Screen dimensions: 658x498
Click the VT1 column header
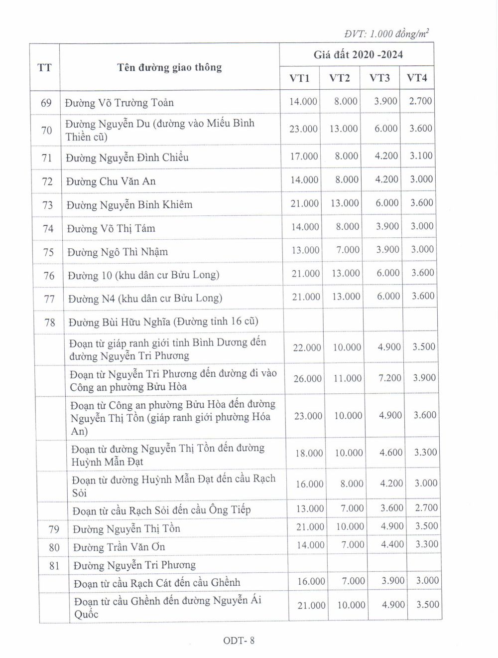pyautogui.click(x=299, y=78)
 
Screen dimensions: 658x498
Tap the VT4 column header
pyautogui.click(x=417, y=78)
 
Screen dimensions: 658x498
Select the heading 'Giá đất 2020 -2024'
pyautogui.click(x=358, y=55)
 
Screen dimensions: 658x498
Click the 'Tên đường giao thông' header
pyautogui.click(x=169, y=67)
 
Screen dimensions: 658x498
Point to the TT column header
pyautogui.click(x=44, y=67)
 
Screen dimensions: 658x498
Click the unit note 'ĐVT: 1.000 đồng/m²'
pyautogui.click(x=386, y=34)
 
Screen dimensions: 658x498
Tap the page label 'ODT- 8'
pyautogui.click(x=239, y=641)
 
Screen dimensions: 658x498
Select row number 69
pyautogui.click(x=46, y=103)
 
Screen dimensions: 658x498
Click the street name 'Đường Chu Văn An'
pyautogui.click(x=111, y=181)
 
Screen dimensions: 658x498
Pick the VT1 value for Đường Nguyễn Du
pyautogui.click(x=303, y=129)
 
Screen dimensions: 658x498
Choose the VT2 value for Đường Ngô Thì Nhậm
pyautogui.click(x=348, y=250)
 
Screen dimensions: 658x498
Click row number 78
pyautogui.click(x=50, y=323)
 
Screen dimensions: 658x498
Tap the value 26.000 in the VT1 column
pyautogui.click(x=307, y=379)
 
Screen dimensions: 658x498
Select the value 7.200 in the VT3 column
pyautogui.click(x=389, y=378)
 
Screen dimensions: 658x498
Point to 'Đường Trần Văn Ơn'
pyautogui.click(x=119, y=547)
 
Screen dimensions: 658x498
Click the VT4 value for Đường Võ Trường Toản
pyautogui.click(x=420, y=101)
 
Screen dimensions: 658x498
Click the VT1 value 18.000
pyautogui.click(x=309, y=453)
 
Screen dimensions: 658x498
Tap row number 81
pyautogui.click(x=54, y=566)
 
